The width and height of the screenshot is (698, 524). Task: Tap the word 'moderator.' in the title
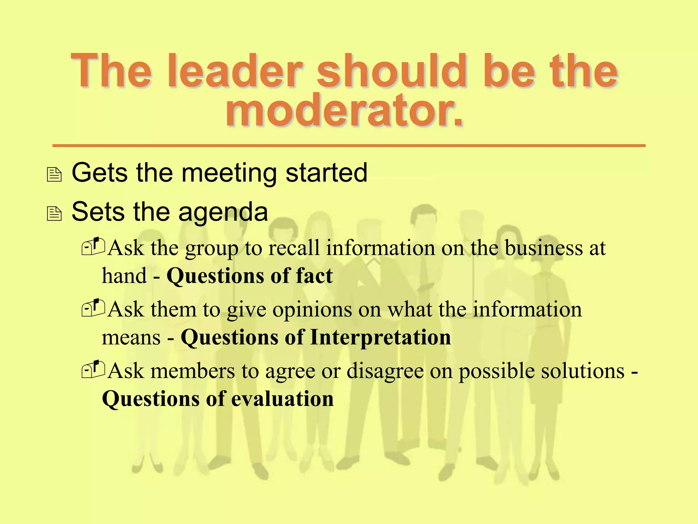coord(345,110)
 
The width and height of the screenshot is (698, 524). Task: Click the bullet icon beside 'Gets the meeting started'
coord(54,174)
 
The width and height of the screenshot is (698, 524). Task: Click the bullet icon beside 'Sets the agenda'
coord(54,214)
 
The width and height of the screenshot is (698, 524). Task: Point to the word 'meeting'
coord(229,173)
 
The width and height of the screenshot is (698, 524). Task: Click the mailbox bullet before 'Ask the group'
coord(93,246)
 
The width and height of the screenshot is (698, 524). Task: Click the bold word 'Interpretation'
coord(380,337)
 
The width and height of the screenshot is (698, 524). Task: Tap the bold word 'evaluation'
coord(283,399)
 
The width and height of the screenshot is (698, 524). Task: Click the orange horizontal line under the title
coord(349,146)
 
